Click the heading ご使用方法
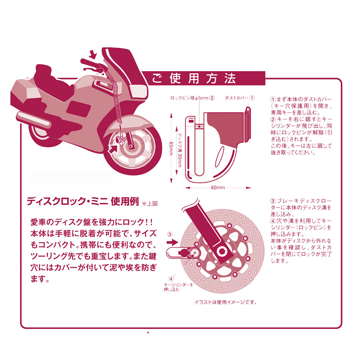pos(194,78)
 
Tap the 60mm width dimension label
pos(218,188)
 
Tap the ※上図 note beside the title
pos(150,203)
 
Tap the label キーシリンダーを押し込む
pos(177,287)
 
